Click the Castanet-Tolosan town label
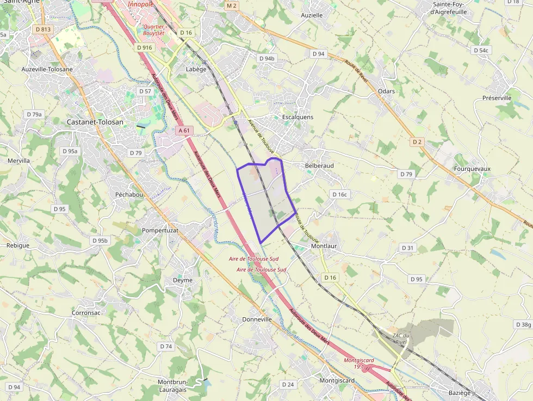95,122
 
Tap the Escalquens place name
298,117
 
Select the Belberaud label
319,165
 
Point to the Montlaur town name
324,246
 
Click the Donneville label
257,319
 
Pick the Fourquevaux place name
472,169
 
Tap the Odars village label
386,91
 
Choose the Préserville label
497,98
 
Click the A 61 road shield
185,131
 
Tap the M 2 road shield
232,6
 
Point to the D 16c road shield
339,194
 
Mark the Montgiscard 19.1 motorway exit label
358,363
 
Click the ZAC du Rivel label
400,338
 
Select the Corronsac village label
86,313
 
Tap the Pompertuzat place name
160,231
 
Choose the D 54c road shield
481,51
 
